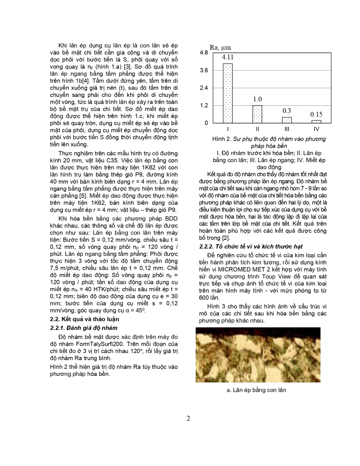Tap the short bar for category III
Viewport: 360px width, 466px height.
tap(287, 120)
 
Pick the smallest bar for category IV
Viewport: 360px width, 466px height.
tap(316, 121)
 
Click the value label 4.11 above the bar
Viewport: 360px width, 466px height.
tap(228, 57)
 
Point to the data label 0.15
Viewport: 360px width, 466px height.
tap(316, 114)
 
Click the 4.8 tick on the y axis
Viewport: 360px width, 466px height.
tap(204, 53)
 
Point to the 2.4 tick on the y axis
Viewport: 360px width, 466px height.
tap(204, 88)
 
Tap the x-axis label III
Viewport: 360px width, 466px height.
tap(287, 129)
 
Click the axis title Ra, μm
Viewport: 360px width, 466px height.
tap(220, 48)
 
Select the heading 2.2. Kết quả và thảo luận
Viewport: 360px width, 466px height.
tap(84, 319)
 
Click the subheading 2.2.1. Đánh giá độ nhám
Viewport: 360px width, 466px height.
tap(84, 328)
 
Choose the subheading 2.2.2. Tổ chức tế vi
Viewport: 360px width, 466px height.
tap(251, 247)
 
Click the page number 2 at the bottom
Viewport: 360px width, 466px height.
tap(188, 418)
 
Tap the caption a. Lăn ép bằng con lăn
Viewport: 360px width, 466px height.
tap(257, 390)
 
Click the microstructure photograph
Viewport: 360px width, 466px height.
tap(258, 354)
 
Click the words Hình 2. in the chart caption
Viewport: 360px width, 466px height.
tap(221, 139)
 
